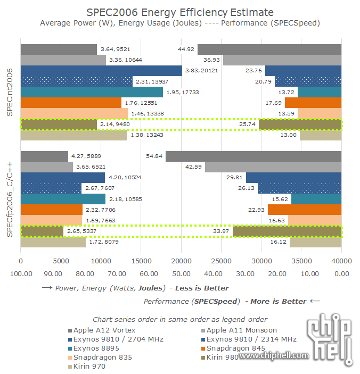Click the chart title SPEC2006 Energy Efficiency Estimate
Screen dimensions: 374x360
click(180, 12)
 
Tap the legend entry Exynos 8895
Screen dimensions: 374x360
click(93, 348)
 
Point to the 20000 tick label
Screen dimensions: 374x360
click(181, 261)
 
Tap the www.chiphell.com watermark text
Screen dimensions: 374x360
click(277, 355)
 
